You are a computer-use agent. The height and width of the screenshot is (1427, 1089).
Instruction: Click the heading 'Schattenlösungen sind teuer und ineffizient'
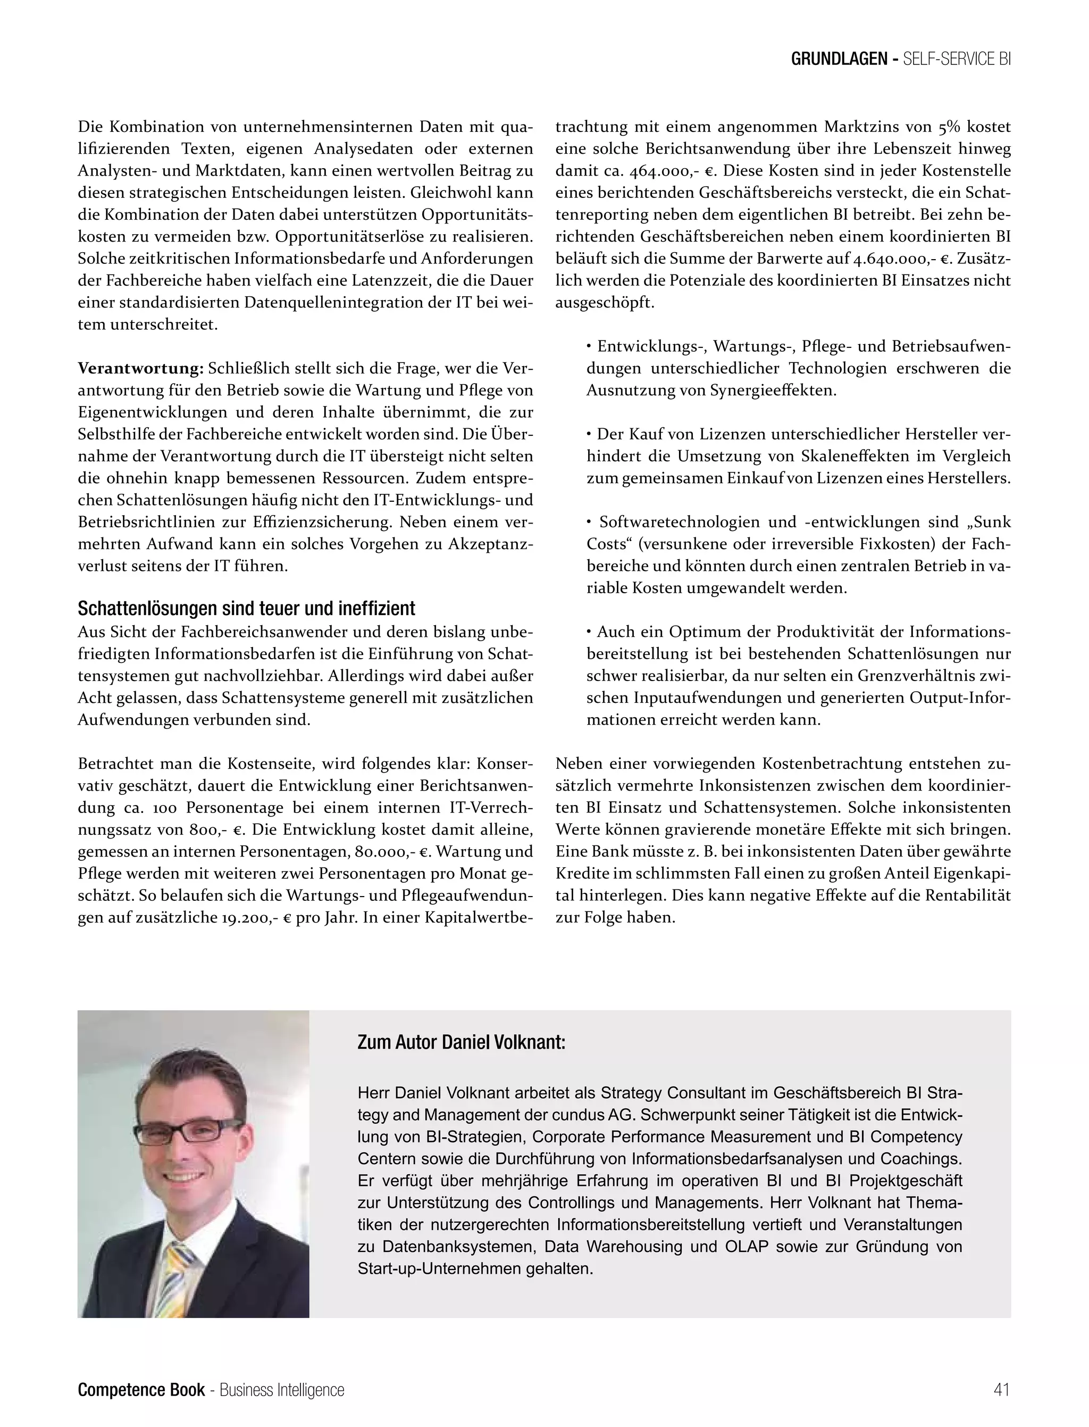coord(246,609)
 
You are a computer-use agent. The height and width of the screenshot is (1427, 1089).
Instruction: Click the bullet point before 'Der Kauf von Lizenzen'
coord(589,435)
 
